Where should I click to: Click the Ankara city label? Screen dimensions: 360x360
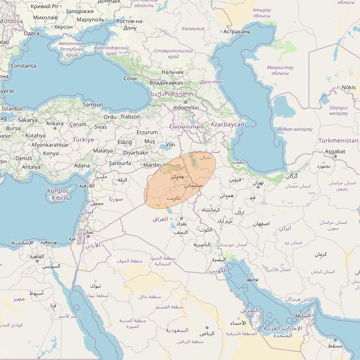55,124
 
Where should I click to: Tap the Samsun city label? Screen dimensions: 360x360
93,104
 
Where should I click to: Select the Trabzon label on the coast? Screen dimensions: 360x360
130,116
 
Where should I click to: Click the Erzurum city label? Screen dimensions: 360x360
147,132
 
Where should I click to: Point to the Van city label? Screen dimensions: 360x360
170,144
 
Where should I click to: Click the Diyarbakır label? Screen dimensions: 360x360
136,152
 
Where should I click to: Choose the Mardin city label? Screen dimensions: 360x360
152,165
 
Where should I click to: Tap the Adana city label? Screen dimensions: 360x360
82,166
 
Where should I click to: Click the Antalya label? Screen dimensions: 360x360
31,167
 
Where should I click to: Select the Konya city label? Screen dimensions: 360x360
51,153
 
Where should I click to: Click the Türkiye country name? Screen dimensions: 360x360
83,139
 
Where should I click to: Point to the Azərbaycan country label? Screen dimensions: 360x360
227,125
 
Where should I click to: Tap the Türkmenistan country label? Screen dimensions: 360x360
338,140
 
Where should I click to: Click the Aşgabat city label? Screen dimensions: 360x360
335,152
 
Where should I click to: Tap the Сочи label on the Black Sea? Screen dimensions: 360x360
130,78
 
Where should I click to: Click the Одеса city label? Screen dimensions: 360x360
31,33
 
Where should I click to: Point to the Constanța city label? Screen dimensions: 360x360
23,66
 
